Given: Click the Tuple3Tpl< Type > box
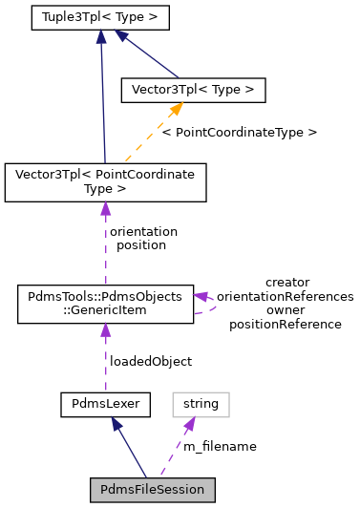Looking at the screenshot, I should (x=100, y=17).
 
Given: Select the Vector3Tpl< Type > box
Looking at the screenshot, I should (x=192, y=90).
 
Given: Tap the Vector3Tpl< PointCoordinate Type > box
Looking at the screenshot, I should (x=105, y=182).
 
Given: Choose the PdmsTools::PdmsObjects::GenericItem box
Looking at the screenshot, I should (x=105, y=303).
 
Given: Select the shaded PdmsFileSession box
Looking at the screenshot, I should (x=153, y=490).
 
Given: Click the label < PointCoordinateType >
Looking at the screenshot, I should (x=239, y=132).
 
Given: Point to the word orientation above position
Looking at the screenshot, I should (x=143, y=231).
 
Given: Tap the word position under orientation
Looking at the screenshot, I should (x=142, y=244).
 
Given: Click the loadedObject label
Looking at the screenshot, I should (x=151, y=361).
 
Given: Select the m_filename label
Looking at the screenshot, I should (x=220, y=445).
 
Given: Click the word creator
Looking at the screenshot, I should (x=286, y=282).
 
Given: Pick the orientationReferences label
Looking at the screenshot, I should (x=286, y=296).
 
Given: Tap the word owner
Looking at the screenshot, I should (x=286, y=310).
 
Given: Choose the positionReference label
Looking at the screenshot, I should (x=286, y=324).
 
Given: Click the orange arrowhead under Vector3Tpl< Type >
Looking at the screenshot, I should (x=176, y=111).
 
